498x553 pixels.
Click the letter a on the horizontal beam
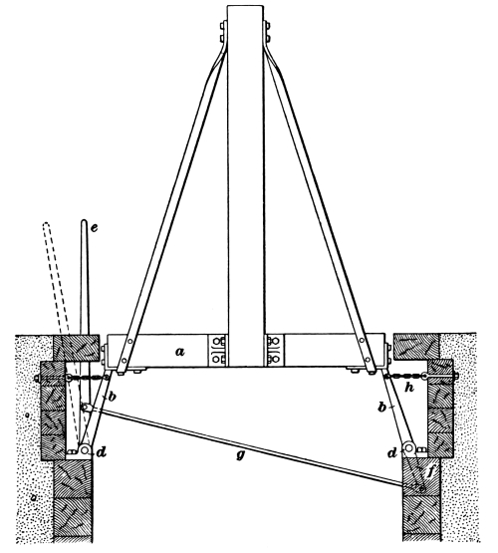click(179, 352)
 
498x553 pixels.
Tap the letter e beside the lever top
click(94, 228)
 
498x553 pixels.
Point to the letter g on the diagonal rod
click(240, 455)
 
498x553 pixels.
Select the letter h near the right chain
click(409, 388)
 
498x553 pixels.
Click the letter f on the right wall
click(429, 472)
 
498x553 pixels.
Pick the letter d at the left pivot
click(102, 452)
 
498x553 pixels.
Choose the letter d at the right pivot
click(392, 452)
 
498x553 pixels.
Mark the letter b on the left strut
click(113, 398)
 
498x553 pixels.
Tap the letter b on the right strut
click(381, 408)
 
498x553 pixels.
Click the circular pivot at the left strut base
click(85, 449)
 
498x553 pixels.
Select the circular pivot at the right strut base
click(408, 448)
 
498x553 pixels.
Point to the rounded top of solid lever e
click(84, 222)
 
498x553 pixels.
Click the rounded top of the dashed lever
click(46, 225)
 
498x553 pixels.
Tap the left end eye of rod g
click(85, 408)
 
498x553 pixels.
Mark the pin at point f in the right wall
click(421, 489)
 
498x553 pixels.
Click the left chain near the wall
click(87, 378)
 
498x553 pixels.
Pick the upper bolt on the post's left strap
click(223, 26)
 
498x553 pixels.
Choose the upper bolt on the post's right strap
click(267, 26)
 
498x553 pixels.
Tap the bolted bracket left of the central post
click(217, 350)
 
